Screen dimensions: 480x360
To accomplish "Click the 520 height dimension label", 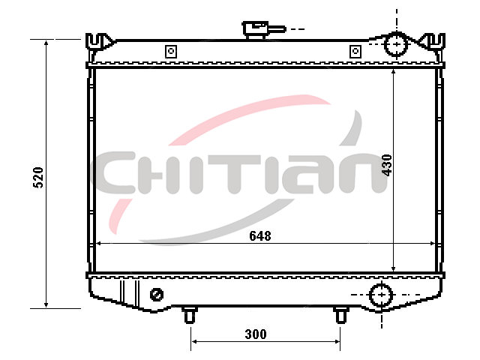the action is (x=38, y=178).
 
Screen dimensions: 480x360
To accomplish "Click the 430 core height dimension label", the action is (x=387, y=165).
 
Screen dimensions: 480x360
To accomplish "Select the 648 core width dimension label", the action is (x=260, y=235).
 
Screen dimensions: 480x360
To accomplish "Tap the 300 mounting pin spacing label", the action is (x=256, y=334).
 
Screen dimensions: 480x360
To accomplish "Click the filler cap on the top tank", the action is (x=264, y=29).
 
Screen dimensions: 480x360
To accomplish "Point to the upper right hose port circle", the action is (x=397, y=44).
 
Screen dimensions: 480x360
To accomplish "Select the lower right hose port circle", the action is (x=382, y=295).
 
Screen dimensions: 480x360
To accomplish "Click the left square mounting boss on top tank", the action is (x=171, y=51).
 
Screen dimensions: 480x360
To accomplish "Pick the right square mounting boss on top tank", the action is (x=355, y=51).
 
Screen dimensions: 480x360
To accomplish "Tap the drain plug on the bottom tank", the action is (x=157, y=295).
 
